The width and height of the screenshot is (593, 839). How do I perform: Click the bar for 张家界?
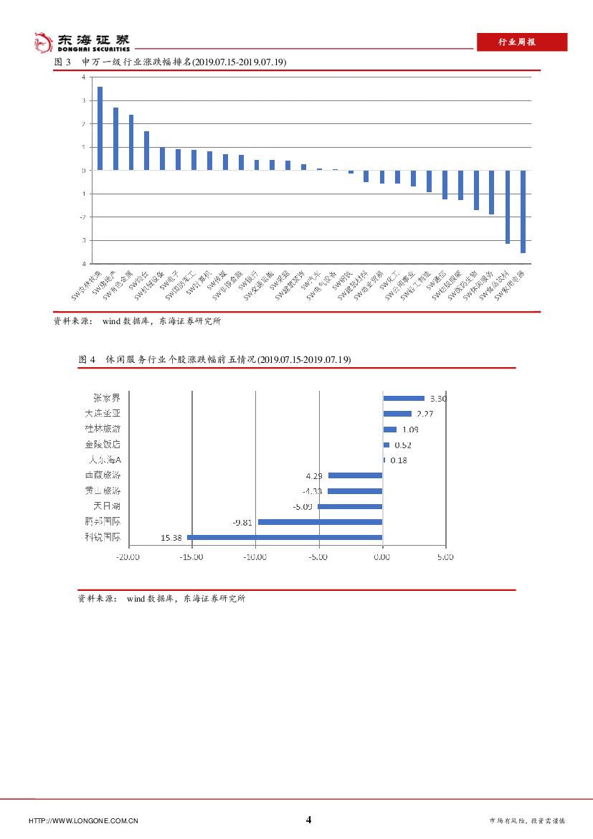point(404,398)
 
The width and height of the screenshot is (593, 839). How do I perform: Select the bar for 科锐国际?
point(285,536)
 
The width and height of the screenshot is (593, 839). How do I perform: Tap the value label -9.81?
point(242,522)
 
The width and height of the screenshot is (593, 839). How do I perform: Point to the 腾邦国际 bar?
point(320,522)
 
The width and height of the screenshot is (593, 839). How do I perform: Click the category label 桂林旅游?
point(103,429)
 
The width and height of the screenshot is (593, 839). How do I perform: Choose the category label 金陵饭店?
point(103,445)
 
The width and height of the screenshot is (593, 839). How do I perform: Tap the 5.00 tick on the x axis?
point(445,556)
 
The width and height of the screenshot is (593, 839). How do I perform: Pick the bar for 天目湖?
point(350,506)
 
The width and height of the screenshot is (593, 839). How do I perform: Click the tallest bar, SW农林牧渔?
point(100,128)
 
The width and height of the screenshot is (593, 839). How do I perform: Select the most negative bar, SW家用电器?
point(523,212)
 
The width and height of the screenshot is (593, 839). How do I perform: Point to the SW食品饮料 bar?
point(508,207)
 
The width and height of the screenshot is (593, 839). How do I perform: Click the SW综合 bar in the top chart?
point(146,151)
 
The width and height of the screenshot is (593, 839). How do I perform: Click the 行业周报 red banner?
point(521,42)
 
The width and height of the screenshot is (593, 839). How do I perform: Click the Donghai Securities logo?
point(82,42)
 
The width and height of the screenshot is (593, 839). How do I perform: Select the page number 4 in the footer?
point(309,820)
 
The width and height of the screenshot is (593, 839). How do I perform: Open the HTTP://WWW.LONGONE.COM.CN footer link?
point(83,820)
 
